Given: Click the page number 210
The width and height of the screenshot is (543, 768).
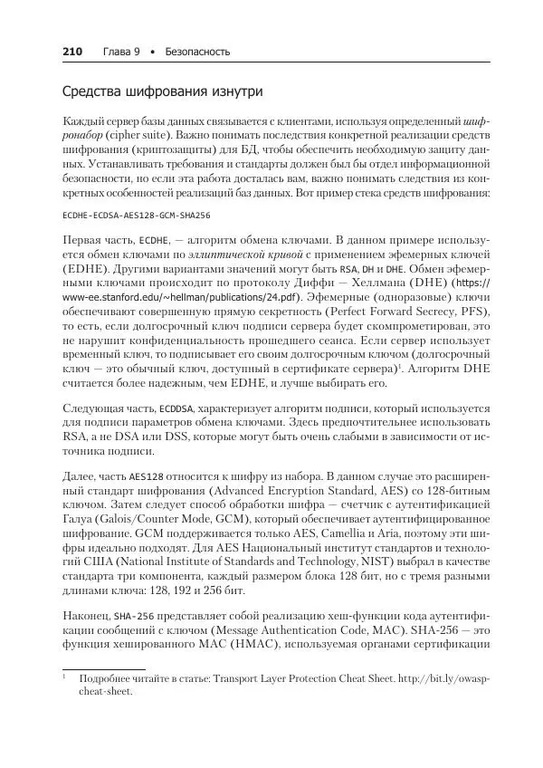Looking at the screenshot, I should point(72,52).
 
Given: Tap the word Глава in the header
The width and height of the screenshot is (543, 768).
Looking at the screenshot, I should point(115,52).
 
